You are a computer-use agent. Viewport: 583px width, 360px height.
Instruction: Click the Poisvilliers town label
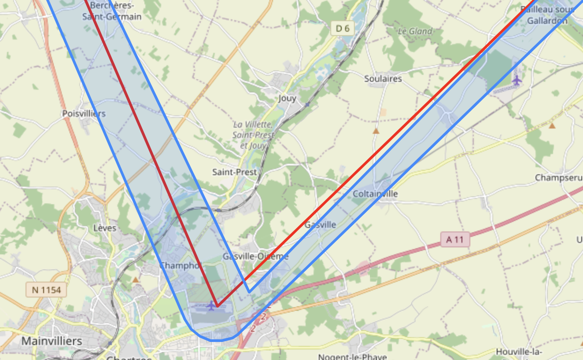84,114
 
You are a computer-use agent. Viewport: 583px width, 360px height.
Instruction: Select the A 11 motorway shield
455,240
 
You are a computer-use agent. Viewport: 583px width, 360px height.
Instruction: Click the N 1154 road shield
46,290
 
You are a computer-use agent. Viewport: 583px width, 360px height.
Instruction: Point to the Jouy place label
287,99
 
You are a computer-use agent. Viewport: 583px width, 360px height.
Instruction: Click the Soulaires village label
383,79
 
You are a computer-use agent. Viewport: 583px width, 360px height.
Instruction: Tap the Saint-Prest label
234,172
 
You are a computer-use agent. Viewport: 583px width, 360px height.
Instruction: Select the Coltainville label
375,194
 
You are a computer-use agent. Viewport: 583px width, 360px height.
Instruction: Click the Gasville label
320,224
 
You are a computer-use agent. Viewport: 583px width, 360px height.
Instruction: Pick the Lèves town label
105,228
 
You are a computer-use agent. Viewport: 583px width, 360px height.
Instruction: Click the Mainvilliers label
52,341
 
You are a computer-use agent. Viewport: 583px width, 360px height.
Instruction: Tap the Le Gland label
415,31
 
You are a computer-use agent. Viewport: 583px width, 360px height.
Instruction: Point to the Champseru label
558,178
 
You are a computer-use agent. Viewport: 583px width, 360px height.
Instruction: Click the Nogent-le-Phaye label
352,356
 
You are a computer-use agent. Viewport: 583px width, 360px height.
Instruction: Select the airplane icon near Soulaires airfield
517,81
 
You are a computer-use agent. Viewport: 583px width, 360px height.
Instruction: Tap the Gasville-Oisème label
255,256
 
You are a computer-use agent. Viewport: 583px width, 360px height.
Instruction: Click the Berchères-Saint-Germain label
112,11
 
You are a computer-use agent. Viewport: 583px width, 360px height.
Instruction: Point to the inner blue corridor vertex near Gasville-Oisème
249,291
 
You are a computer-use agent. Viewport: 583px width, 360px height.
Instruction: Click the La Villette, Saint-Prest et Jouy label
253,135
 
